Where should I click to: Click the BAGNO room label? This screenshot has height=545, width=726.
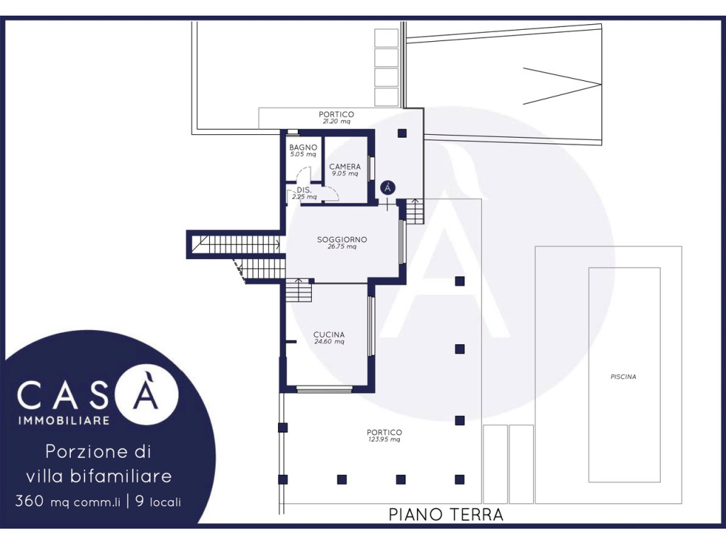tap(303, 148)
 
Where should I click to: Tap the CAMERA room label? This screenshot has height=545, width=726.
tap(345, 167)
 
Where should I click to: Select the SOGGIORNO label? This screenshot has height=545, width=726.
tap(342, 240)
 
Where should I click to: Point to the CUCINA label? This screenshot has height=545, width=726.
tap(329, 335)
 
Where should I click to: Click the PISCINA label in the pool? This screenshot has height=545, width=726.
tap(623, 377)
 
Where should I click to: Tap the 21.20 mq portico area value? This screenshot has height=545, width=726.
tap(337, 121)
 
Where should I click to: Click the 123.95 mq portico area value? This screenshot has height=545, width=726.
tap(384, 439)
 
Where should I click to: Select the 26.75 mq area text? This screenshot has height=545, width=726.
tap(342, 246)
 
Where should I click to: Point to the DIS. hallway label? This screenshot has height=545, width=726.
tap(304, 190)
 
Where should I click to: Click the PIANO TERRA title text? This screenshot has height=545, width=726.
tap(445, 514)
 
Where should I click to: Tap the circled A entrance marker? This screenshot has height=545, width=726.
tap(388, 187)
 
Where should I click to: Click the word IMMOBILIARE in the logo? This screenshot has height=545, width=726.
tap(64, 421)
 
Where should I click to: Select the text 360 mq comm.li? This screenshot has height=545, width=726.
tap(68, 502)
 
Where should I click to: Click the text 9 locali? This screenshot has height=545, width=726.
tap(158, 502)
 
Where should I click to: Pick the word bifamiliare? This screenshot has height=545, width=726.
tap(121, 476)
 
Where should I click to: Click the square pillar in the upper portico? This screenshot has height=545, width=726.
tap(402, 133)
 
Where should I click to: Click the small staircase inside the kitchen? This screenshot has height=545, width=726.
tap(298, 291)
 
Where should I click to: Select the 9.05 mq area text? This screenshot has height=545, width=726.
tap(345, 174)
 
